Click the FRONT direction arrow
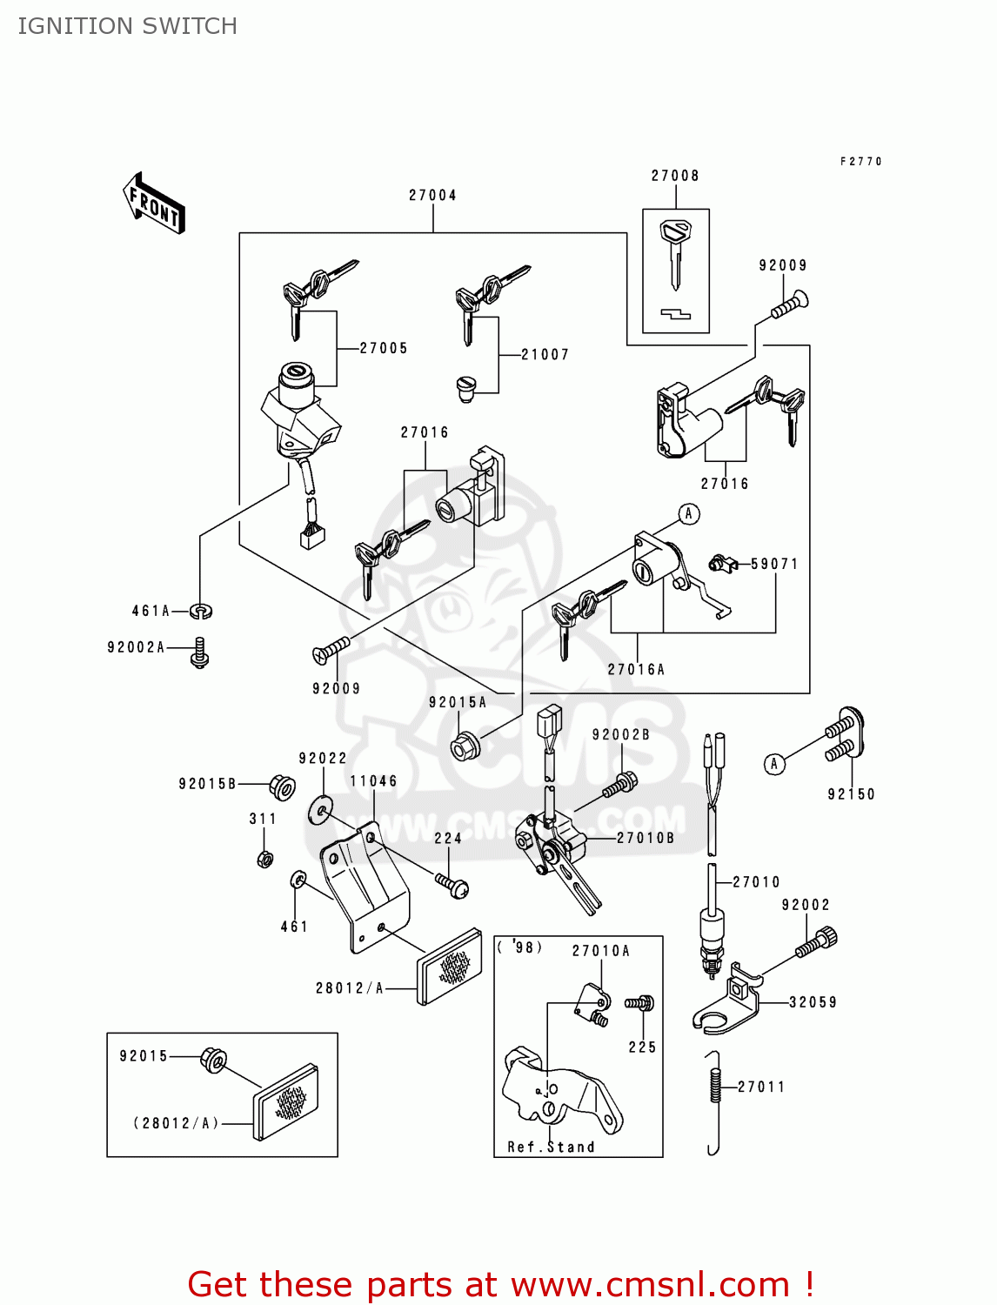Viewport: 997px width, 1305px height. coord(154,204)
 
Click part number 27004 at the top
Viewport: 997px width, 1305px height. coord(432,196)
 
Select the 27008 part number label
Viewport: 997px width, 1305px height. coord(675,176)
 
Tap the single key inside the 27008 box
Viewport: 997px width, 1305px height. coord(675,252)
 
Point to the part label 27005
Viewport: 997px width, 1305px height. coord(384,348)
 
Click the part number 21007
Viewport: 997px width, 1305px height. coord(545,355)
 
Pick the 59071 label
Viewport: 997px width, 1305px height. coord(774,564)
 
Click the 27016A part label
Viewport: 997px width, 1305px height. coord(636,669)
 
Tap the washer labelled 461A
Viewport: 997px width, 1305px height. coord(202,612)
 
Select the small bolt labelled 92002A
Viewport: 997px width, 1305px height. coord(200,652)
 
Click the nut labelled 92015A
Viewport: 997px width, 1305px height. coord(462,746)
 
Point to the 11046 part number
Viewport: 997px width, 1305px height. coord(373,781)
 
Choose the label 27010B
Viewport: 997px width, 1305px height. coord(646,838)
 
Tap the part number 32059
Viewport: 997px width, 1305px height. coord(813,1002)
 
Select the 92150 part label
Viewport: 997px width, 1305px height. coord(851,794)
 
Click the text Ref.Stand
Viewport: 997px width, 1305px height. coord(551,1147)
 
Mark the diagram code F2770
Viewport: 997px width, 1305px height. coord(860,162)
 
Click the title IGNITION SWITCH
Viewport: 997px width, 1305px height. coord(128,26)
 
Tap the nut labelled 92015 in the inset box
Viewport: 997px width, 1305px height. coord(214,1060)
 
